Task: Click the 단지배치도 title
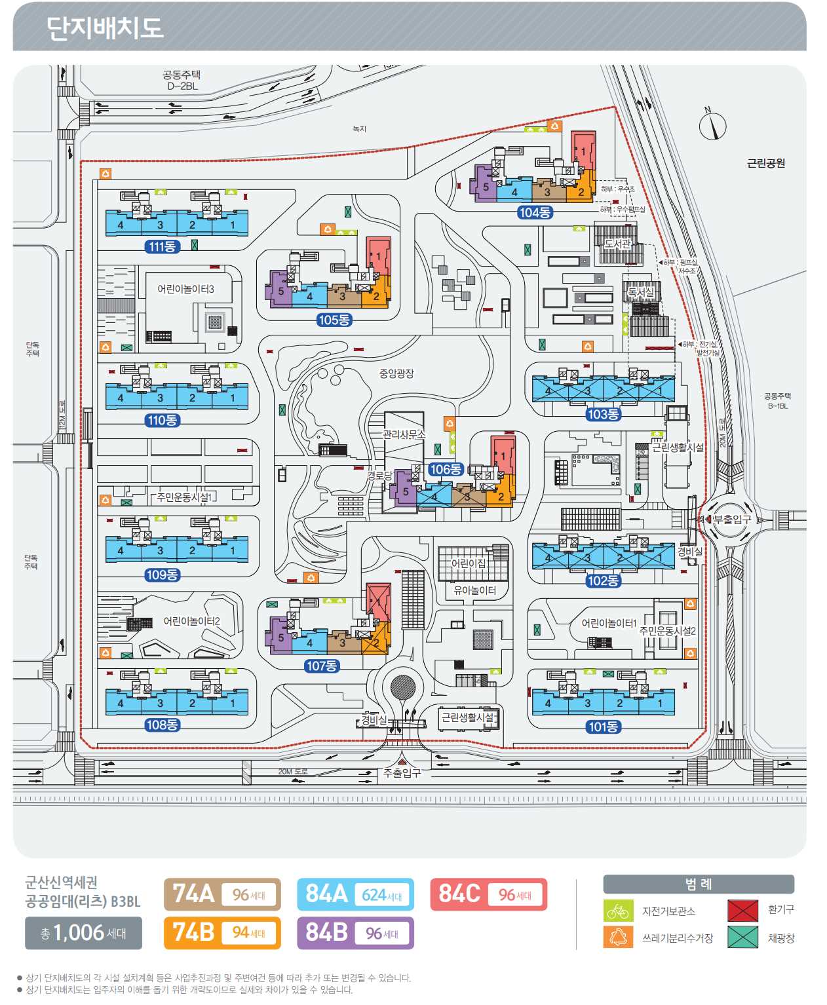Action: coord(104,28)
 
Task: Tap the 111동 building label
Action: coord(162,247)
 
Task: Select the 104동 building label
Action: coord(535,212)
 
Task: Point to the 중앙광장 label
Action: coord(396,373)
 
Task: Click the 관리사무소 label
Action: coord(404,434)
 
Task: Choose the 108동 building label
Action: coord(162,725)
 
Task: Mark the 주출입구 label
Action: coord(402,773)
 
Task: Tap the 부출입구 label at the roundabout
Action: coord(732,520)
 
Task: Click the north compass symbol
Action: coord(712,125)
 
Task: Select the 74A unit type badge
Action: coord(222,894)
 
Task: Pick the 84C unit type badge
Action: coord(488,894)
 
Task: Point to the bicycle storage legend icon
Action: coord(617,911)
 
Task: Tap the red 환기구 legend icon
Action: coord(742,911)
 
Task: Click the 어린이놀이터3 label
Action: coord(185,289)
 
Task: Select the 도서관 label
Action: coord(617,244)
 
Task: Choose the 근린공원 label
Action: coord(765,163)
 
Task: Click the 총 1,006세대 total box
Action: coord(83,933)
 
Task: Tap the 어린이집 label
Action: coord(469,563)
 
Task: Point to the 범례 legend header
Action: coord(698,884)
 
